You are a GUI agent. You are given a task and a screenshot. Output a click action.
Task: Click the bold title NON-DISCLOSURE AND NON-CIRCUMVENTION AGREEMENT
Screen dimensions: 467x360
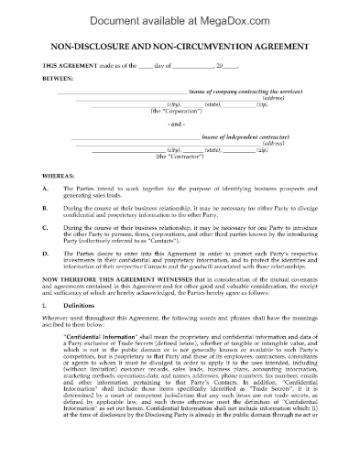[180, 47]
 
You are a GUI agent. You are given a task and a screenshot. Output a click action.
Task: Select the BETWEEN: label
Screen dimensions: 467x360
[53, 78]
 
